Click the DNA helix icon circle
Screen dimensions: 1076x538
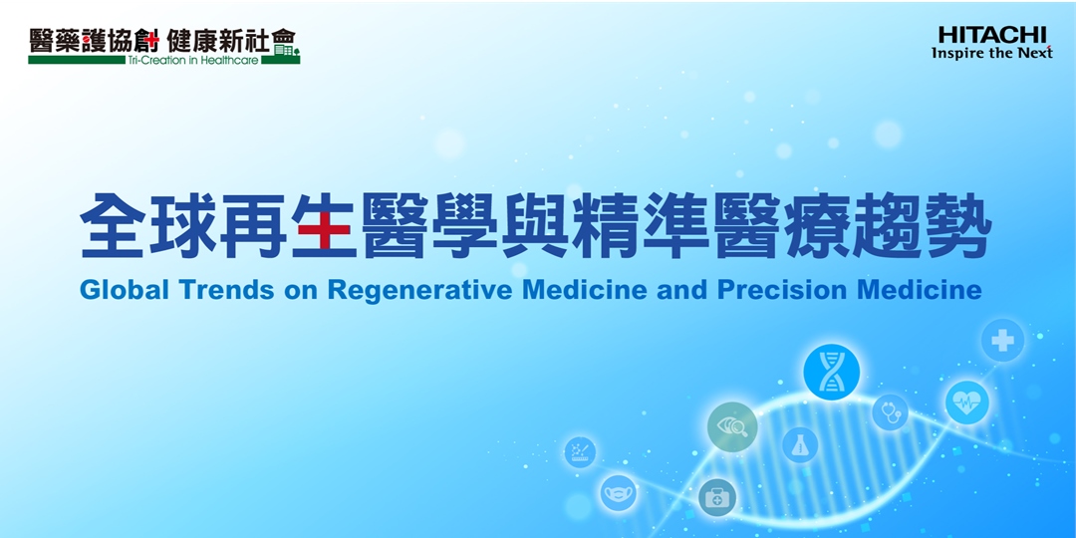click(831, 372)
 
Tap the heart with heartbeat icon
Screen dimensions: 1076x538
click(966, 403)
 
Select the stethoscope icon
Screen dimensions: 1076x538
click(890, 412)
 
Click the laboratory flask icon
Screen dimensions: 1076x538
click(799, 444)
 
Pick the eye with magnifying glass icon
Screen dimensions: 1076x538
click(732, 426)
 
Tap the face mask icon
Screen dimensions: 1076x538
click(618, 493)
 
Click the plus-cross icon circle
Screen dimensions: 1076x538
click(1002, 341)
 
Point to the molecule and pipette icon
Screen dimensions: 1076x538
click(580, 453)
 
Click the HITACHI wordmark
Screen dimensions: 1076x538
click(992, 35)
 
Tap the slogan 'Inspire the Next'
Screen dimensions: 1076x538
click(991, 53)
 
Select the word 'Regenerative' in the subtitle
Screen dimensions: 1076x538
click(419, 290)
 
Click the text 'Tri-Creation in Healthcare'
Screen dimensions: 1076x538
click(193, 61)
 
